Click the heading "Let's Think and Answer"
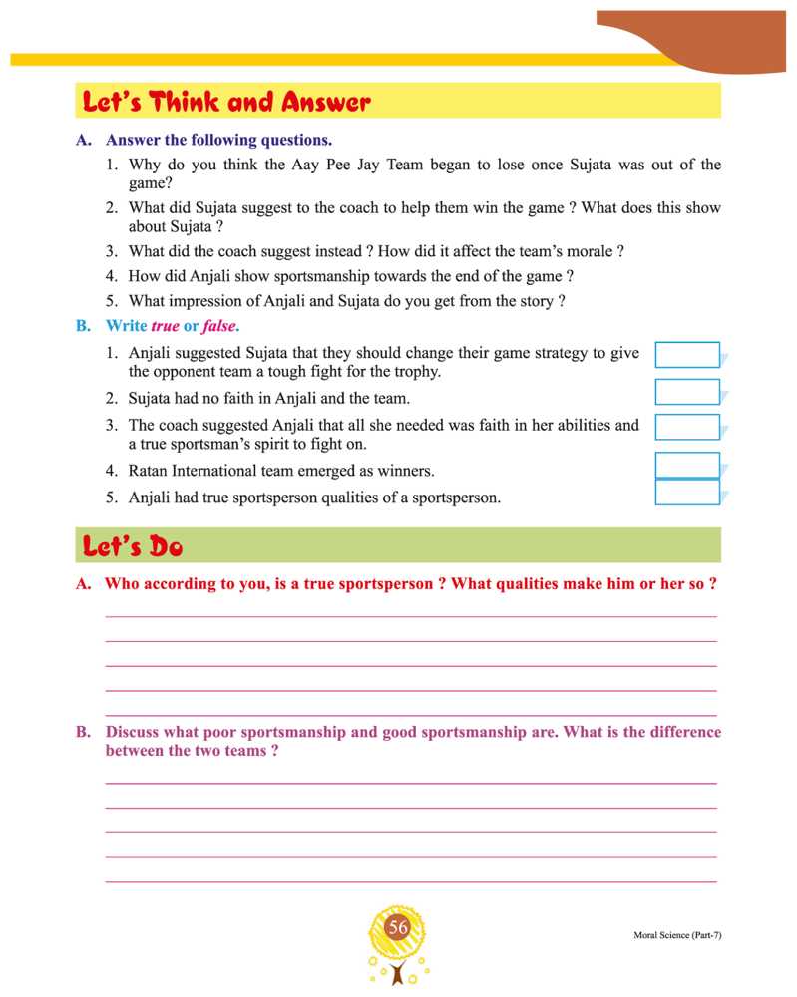(x=227, y=102)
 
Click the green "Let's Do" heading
(x=133, y=546)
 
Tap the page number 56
(x=399, y=928)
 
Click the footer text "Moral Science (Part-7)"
(x=676, y=935)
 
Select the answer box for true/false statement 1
(x=687, y=355)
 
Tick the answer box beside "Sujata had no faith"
(x=687, y=392)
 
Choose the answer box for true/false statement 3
(x=687, y=427)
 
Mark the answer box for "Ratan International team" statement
(x=687, y=465)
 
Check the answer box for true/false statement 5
(x=687, y=493)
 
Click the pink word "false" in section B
(x=220, y=326)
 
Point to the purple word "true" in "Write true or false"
(x=165, y=326)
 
